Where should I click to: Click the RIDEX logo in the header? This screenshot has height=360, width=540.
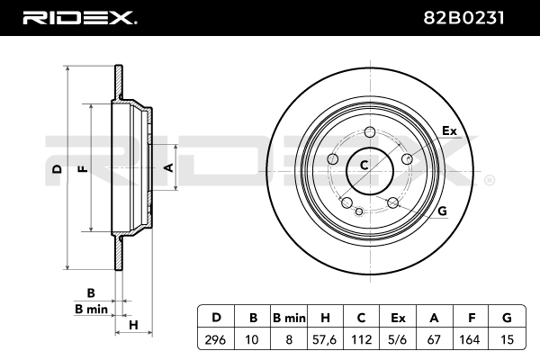coord(78,17)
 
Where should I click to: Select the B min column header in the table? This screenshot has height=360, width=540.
coord(289,317)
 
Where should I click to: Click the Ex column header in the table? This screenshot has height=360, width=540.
coord(399,317)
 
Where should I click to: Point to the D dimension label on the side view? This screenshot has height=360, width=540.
coord(57,168)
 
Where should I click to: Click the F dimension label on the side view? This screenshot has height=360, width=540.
coord(82,168)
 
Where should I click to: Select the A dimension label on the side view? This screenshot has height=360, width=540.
coord(166,166)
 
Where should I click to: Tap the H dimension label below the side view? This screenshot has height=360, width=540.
coord(132,325)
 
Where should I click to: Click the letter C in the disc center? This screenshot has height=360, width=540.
coord(364,165)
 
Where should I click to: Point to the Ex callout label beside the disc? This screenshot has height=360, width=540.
coord(449,131)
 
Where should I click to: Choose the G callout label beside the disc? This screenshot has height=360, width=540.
coord(442,211)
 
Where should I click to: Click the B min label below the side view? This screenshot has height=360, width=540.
coord(91,309)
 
